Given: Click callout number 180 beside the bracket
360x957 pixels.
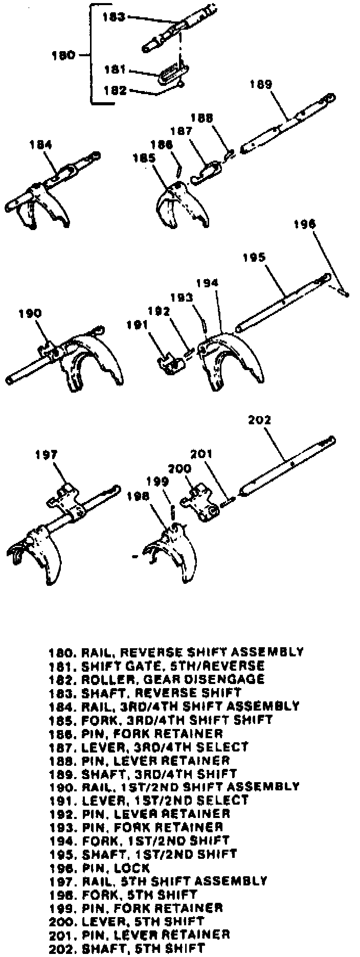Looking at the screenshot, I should [63, 55].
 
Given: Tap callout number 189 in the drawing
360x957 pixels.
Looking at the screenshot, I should [261, 84].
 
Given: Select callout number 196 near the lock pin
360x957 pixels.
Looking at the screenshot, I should [305, 224].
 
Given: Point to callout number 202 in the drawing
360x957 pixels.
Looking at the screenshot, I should [259, 420].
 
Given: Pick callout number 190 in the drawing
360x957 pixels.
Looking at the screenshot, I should [30, 313].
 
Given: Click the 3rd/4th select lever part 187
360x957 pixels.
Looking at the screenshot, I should [207, 172].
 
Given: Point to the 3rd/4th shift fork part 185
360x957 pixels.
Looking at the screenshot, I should [182, 204].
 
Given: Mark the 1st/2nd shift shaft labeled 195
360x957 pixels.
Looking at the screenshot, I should [284, 302].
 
